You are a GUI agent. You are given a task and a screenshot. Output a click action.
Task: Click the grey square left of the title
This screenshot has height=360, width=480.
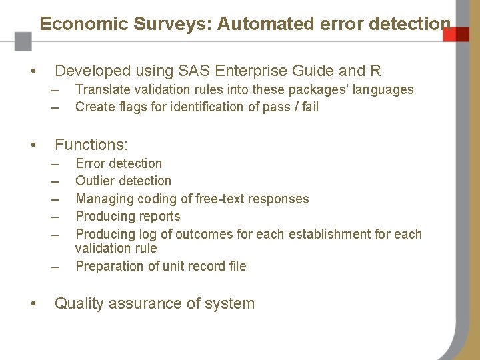(x=23, y=41)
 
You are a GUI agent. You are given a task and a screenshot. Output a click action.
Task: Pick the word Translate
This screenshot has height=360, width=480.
(x=103, y=89)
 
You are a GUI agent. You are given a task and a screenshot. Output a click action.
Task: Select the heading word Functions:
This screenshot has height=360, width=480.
(x=91, y=144)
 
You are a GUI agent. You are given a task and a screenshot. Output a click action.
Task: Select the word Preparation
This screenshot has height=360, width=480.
(x=109, y=266)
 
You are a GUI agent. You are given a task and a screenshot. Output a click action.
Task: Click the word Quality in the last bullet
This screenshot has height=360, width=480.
(x=79, y=303)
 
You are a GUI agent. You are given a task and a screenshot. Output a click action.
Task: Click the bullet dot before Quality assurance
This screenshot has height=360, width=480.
(x=32, y=303)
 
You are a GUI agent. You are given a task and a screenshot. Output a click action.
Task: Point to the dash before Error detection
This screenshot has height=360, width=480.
(x=58, y=163)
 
